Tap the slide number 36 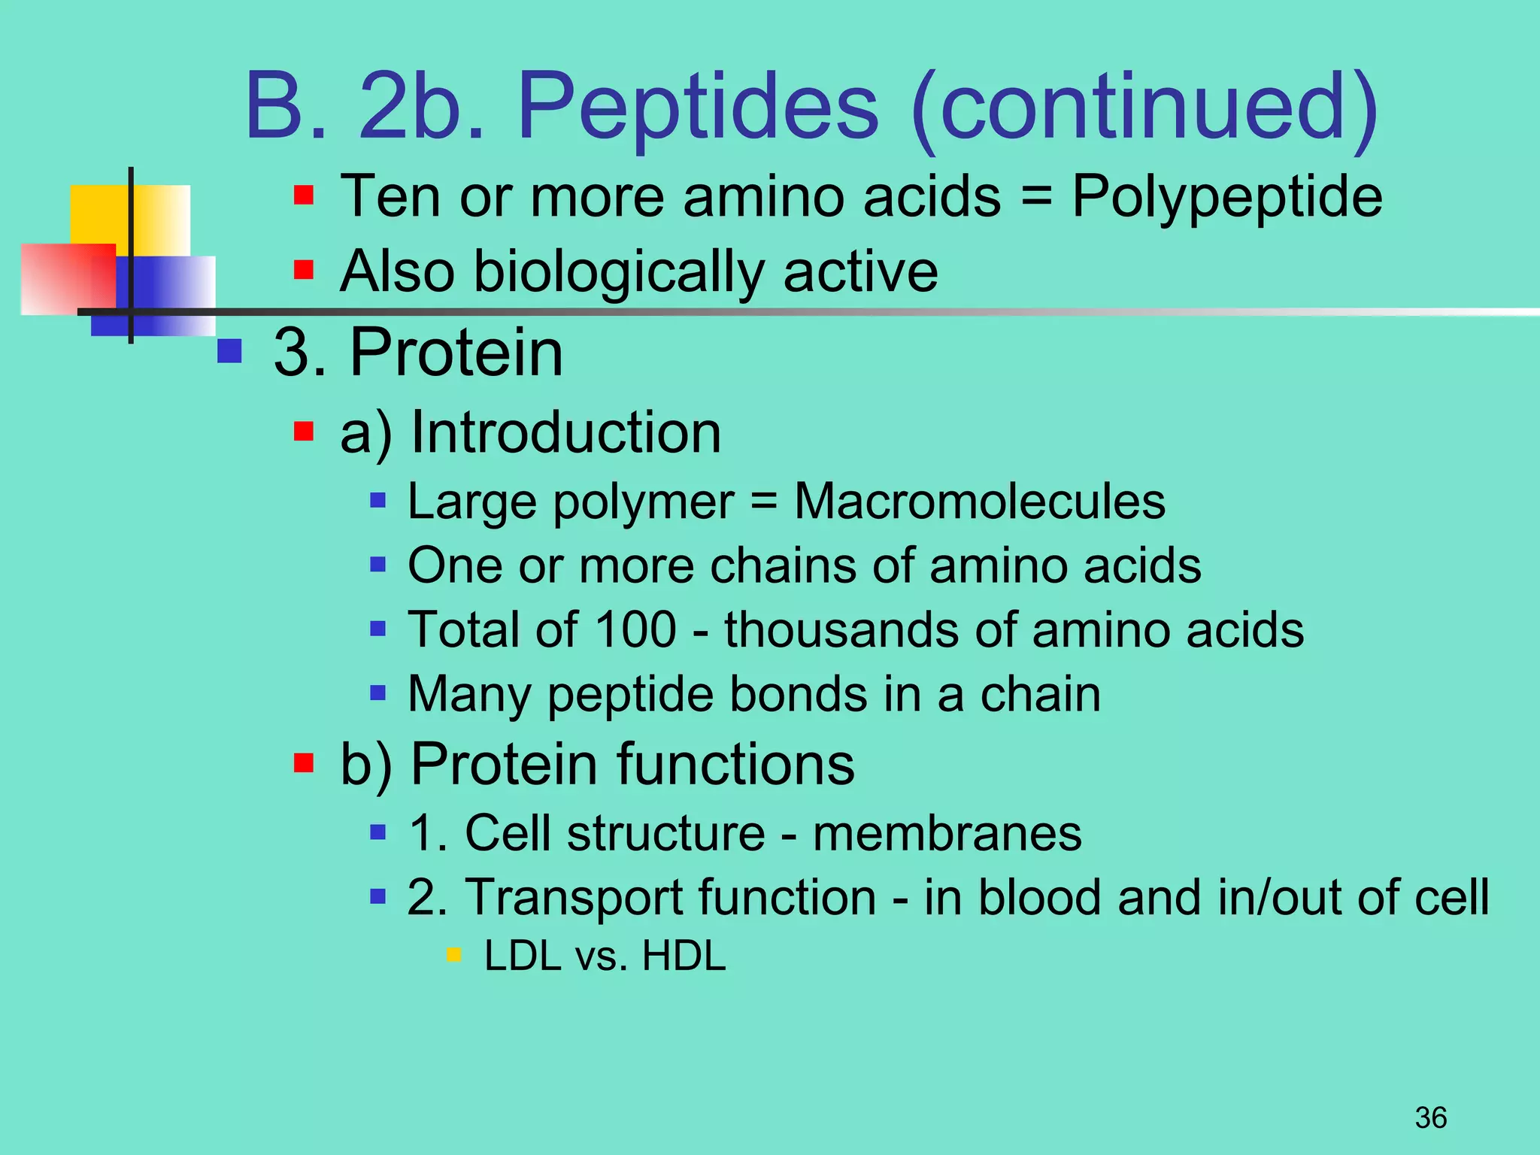tap(1431, 1117)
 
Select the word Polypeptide tap(1226, 197)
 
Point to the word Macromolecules tap(980, 502)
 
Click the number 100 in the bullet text tap(636, 629)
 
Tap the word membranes tap(947, 833)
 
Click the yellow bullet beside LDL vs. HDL tap(453, 956)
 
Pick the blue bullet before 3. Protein tap(229, 351)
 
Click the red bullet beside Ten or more tap(304, 196)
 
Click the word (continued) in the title tap(1143, 107)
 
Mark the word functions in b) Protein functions tap(736, 765)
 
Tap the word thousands tap(841, 629)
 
